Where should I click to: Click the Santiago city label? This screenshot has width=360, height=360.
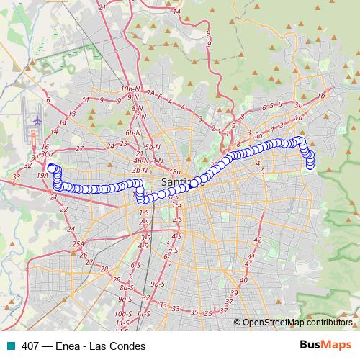click(x=179, y=181)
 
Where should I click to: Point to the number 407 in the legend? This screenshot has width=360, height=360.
click(x=30, y=346)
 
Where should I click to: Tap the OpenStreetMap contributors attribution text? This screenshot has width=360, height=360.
click(x=297, y=323)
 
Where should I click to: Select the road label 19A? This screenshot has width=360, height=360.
click(x=42, y=175)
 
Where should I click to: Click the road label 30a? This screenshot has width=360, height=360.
click(x=48, y=153)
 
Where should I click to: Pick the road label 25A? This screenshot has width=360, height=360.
click(x=78, y=244)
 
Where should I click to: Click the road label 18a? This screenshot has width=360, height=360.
click(x=176, y=171)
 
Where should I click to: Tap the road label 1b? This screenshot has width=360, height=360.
click(x=321, y=96)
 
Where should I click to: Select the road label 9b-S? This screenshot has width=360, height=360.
click(x=158, y=284)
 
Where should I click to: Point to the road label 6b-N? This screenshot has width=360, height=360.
click(x=132, y=133)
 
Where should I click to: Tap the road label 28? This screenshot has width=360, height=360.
click(x=104, y=269)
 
